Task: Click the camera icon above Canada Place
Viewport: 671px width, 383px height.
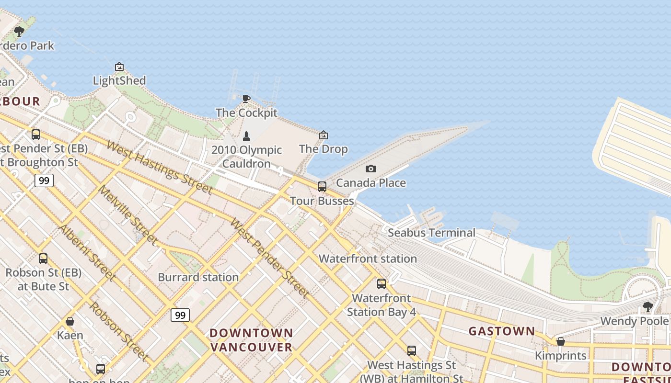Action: pyautogui.click(x=370, y=169)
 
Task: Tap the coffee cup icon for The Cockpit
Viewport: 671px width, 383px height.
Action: pyautogui.click(x=246, y=99)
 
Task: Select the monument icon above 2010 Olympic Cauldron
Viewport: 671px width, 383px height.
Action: pyautogui.click(x=246, y=136)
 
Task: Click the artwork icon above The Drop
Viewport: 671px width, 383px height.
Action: pyautogui.click(x=324, y=135)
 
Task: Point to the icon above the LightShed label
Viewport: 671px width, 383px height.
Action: pyautogui.click(x=119, y=67)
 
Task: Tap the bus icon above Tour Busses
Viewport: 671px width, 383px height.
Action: pyautogui.click(x=322, y=187)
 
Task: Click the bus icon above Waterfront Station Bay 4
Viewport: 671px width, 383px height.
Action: pyautogui.click(x=382, y=283)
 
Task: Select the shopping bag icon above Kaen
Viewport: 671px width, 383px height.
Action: pyautogui.click(x=70, y=321)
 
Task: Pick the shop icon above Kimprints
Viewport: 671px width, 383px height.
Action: pyautogui.click(x=560, y=341)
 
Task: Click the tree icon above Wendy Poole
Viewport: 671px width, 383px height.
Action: pyautogui.click(x=648, y=306)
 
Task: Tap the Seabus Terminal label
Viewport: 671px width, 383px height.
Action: pyautogui.click(x=431, y=233)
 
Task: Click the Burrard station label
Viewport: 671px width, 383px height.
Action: pyautogui.click(x=198, y=277)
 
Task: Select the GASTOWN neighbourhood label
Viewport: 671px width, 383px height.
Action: pyautogui.click(x=501, y=331)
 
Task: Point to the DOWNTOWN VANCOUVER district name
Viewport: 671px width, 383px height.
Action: pyautogui.click(x=251, y=339)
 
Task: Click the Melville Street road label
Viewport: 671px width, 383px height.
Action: pyautogui.click(x=127, y=214)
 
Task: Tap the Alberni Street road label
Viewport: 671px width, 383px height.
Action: pyautogui.click(x=87, y=252)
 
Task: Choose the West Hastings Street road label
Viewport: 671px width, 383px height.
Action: pyautogui.click(x=159, y=167)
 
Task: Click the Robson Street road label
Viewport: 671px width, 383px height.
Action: pyautogui.click(x=118, y=330)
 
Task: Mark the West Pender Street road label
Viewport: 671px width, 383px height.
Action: pyautogui.click(x=268, y=258)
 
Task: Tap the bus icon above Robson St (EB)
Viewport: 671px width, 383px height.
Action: pyautogui.click(x=43, y=259)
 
